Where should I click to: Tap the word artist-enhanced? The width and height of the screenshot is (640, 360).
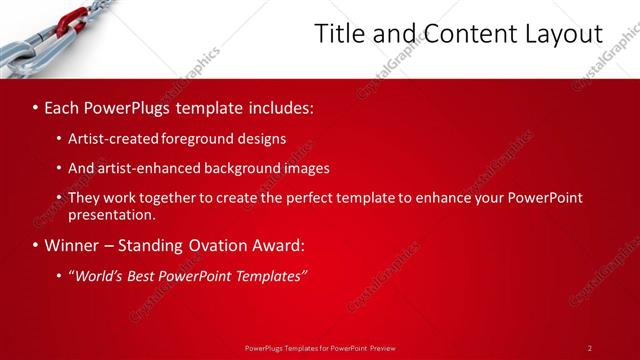[146, 168]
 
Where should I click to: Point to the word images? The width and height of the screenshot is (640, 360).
[306, 168]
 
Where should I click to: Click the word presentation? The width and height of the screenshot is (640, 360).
[111, 214]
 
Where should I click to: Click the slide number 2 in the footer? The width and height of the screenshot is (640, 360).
[589, 348]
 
